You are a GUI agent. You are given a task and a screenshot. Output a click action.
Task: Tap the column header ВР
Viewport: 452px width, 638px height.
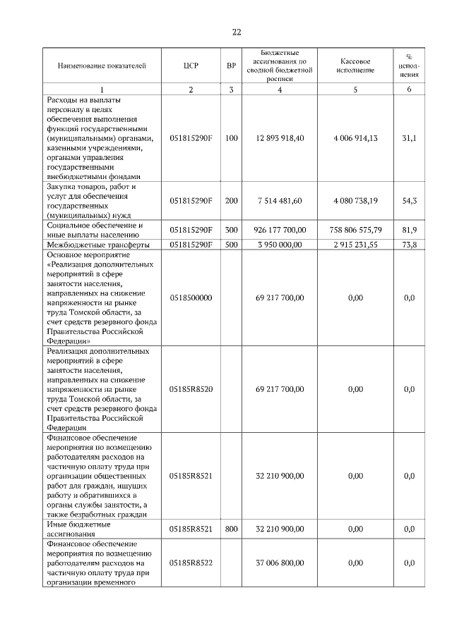coord(231,66)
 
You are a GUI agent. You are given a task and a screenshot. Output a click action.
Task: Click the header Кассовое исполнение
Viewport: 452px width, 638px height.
coord(355,66)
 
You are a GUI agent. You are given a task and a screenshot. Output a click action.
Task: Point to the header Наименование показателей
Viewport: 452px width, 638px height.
coord(102,66)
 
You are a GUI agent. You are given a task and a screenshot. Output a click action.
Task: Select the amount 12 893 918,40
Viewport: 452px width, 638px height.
coord(280,138)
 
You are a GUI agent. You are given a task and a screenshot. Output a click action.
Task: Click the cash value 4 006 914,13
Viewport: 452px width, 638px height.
coord(355,138)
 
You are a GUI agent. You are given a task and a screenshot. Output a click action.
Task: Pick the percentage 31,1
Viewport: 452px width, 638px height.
coord(409,138)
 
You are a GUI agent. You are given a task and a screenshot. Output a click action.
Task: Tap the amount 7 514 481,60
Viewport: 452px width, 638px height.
coord(280,201)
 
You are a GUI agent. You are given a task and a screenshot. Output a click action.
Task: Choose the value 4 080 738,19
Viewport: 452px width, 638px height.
coord(355,201)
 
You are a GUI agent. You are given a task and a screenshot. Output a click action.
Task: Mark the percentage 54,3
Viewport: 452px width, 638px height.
coord(409,201)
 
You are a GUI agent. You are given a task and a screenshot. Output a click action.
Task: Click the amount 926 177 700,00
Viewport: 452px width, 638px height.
coord(280,231)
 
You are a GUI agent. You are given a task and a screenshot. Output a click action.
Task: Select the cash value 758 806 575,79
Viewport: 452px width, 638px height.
coord(355,231)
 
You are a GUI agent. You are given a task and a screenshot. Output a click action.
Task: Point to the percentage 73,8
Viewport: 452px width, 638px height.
coord(409,245)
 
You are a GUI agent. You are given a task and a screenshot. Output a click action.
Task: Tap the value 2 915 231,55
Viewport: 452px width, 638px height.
coord(355,245)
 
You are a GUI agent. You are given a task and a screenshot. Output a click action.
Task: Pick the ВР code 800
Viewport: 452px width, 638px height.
coord(231,529)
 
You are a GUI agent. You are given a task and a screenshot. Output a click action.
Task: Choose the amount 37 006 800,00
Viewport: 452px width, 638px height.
coord(280,563)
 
